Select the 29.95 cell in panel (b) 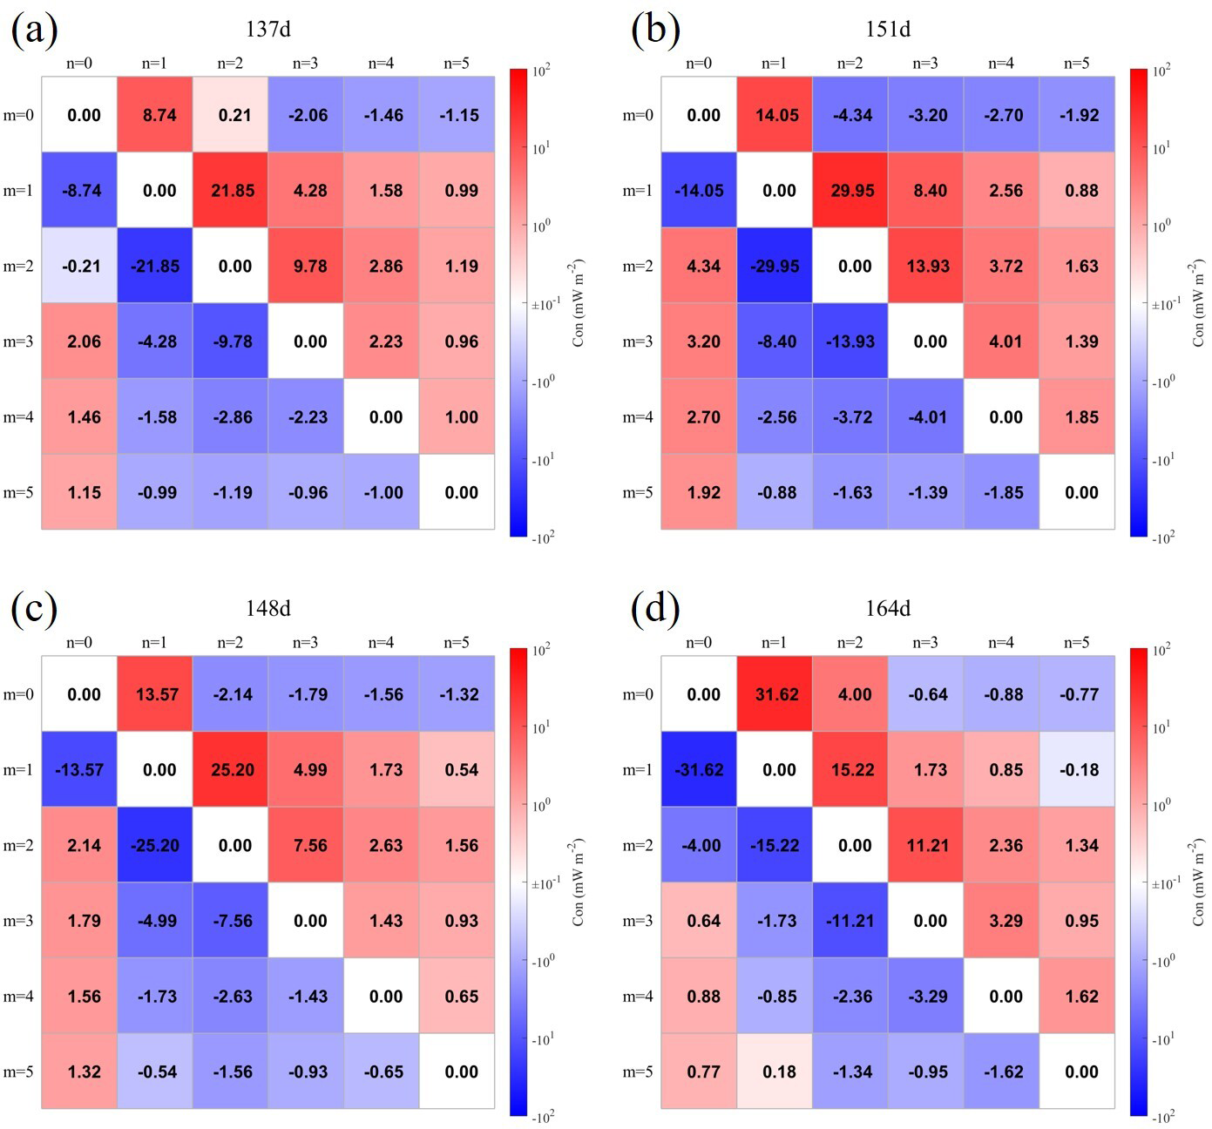(851, 191)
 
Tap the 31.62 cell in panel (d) (775, 694)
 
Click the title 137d (267, 29)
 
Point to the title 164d (888, 608)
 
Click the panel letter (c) (34, 609)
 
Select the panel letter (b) (654, 30)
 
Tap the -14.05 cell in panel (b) (700, 191)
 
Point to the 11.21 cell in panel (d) (927, 845)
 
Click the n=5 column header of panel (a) (457, 63)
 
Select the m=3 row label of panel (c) (18, 921)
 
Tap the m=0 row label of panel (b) (638, 115)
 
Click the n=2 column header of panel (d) (850, 642)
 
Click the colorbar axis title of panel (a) (579, 302)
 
